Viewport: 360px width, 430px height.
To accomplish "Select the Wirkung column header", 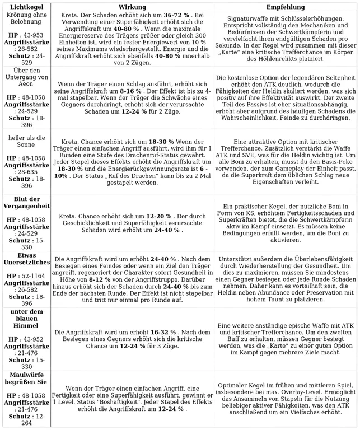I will pyautogui.click(x=132, y=6).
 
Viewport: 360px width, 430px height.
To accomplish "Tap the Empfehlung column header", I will pyautogui.click(x=285, y=6).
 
